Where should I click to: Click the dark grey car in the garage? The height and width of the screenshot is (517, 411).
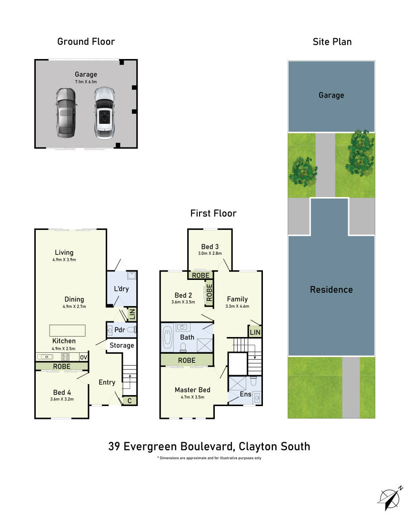point(66,112)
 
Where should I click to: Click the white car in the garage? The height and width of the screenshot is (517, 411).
point(105,113)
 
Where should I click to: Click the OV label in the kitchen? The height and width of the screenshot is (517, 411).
point(83,357)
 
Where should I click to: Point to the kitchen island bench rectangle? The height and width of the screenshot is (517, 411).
point(68,330)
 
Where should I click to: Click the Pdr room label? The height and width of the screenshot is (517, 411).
point(120,330)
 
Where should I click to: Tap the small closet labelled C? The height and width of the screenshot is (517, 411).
point(130,401)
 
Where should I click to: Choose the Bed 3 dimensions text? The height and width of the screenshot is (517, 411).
point(210,253)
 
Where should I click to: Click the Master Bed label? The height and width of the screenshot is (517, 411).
point(192,390)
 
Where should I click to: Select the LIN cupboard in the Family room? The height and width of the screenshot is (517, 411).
point(255,332)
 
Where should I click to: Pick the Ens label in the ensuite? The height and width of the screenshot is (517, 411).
point(245,394)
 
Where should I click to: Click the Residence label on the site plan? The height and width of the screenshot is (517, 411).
point(331,289)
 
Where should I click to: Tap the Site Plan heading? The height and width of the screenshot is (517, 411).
point(332,42)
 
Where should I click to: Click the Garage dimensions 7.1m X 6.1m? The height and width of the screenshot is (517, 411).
point(86,82)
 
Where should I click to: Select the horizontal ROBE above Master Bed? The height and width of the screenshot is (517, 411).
point(187,360)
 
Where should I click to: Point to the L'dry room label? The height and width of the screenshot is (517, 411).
point(121,289)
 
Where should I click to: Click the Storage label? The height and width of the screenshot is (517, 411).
point(122,345)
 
